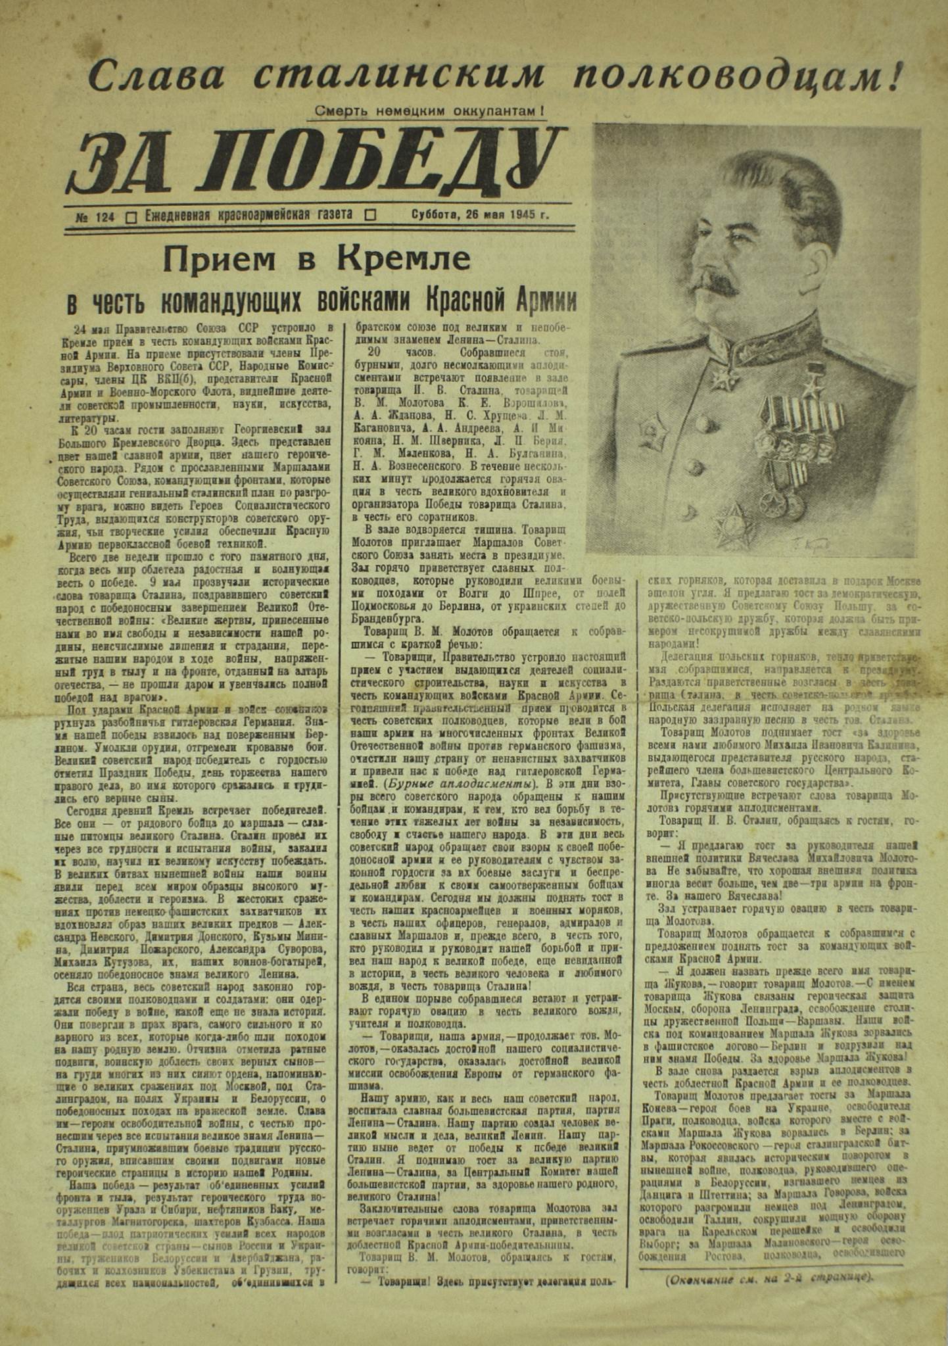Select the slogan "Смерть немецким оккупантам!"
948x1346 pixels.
tap(429, 112)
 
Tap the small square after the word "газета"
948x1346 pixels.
tap(369, 215)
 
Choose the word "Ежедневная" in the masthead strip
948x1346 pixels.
tap(181, 215)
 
